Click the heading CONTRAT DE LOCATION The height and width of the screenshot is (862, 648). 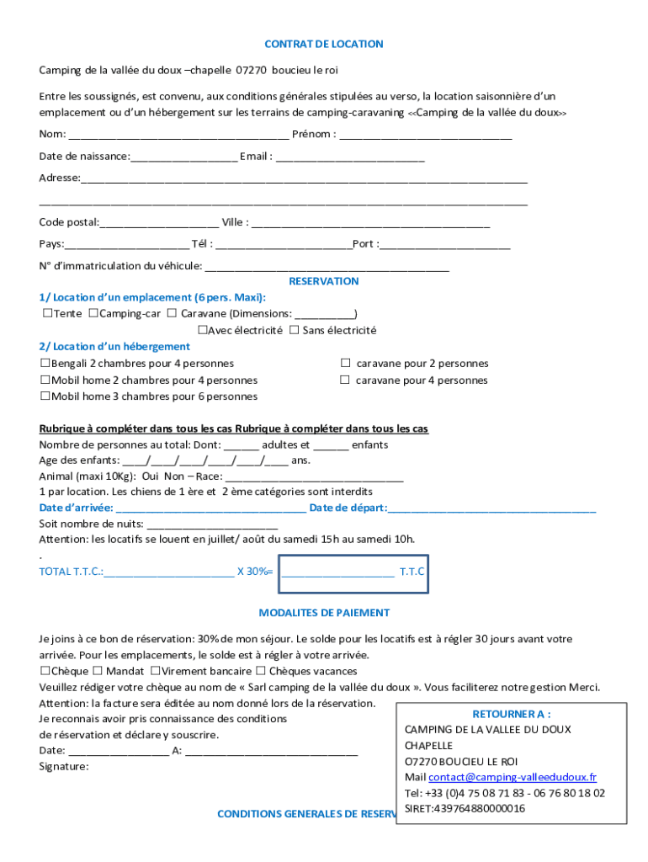(x=324, y=44)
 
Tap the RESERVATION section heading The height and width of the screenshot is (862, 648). (x=324, y=281)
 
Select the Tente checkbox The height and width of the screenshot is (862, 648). (x=47, y=314)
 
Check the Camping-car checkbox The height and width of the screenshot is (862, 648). (x=93, y=314)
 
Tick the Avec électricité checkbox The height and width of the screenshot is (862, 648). (x=202, y=331)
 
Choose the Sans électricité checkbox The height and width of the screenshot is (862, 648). (x=295, y=331)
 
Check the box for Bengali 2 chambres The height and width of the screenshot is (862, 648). (x=45, y=364)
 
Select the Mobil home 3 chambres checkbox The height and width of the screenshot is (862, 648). (x=45, y=396)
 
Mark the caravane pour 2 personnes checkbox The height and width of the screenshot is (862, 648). (x=345, y=364)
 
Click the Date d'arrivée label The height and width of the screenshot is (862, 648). (x=76, y=508)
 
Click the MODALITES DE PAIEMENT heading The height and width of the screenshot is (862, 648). (x=324, y=613)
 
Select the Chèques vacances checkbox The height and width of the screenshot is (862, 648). (x=261, y=671)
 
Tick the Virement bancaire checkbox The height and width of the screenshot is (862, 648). (x=156, y=671)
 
